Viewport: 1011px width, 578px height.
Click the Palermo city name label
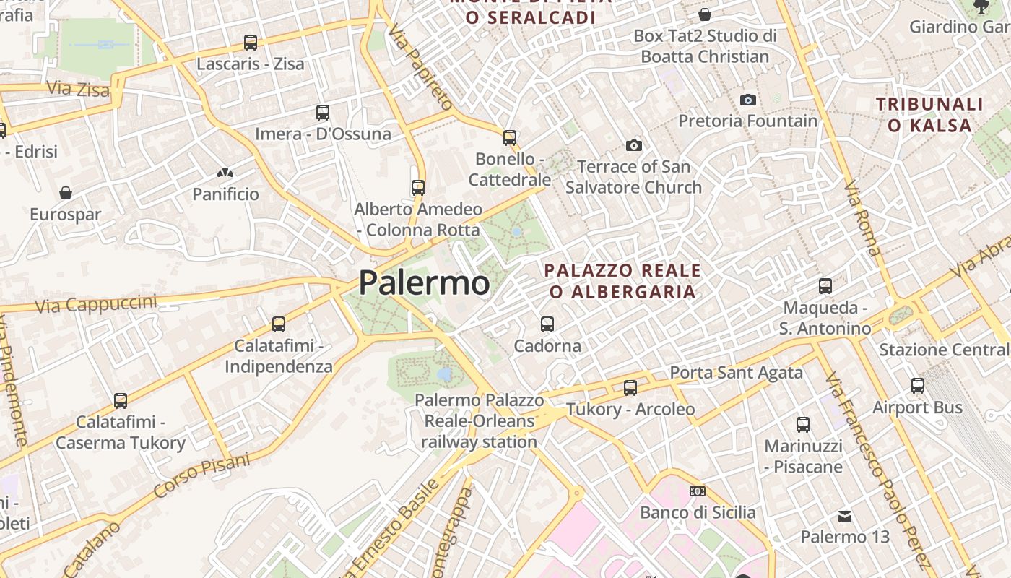(x=424, y=282)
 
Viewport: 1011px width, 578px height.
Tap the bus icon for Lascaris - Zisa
(x=251, y=43)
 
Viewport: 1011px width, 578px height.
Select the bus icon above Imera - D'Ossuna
(x=323, y=113)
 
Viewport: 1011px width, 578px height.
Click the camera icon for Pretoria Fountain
(x=748, y=100)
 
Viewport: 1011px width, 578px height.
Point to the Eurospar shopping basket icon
(x=66, y=193)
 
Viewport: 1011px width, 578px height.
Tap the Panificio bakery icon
(x=225, y=173)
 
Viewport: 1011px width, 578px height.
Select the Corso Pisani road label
(x=201, y=476)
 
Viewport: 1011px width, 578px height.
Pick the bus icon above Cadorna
(x=547, y=324)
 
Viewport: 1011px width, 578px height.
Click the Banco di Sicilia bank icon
(x=698, y=491)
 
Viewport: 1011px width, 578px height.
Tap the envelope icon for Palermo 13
(x=845, y=517)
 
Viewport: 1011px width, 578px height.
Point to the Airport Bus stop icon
(x=918, y=386)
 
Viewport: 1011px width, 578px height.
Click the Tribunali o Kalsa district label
(x=930, y=115)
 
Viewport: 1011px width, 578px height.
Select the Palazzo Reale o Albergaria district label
(x=622, y=281)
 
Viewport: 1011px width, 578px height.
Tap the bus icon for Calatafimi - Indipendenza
(x=279, y=324)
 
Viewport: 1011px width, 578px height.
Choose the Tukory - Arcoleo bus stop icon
(x=630, y=388)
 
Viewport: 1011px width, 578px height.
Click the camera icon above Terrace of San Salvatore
(x=634, y=146)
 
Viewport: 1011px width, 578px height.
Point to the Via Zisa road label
(x=78, y=89)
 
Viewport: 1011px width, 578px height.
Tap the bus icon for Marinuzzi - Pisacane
(x=803, y=425)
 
